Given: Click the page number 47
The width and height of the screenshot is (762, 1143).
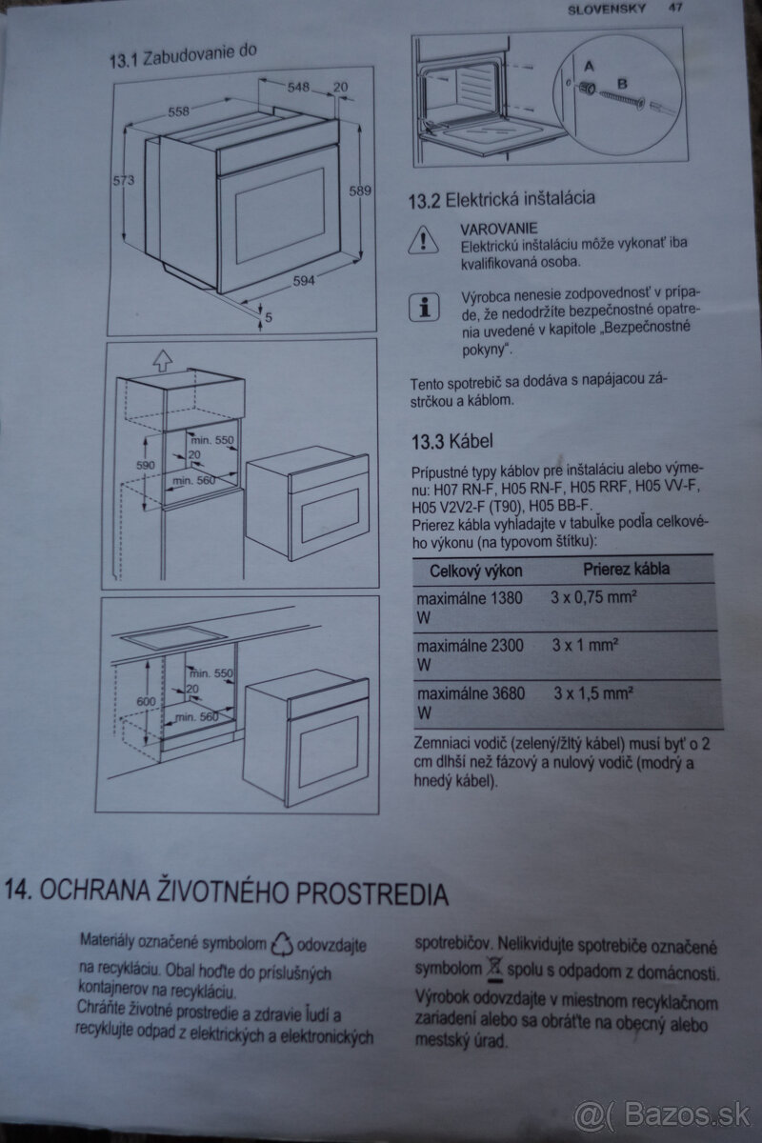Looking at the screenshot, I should pos(677,9).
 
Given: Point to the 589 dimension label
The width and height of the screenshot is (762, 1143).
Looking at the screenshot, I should pos(359,191).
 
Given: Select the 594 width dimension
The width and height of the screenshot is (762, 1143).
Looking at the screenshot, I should pos(302,281).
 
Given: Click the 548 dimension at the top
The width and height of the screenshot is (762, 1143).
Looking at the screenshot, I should pos(299,87).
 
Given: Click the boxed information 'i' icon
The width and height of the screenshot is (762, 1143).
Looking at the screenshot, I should pos(422,307).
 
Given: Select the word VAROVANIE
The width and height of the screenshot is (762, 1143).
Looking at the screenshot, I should pos(499,229).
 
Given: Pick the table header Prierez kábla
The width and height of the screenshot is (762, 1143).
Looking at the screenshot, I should pos(626,570).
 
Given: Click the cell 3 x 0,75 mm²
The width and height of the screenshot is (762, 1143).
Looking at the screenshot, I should pos(593,598).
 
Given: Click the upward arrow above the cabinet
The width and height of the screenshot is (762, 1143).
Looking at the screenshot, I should pos(162,361).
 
